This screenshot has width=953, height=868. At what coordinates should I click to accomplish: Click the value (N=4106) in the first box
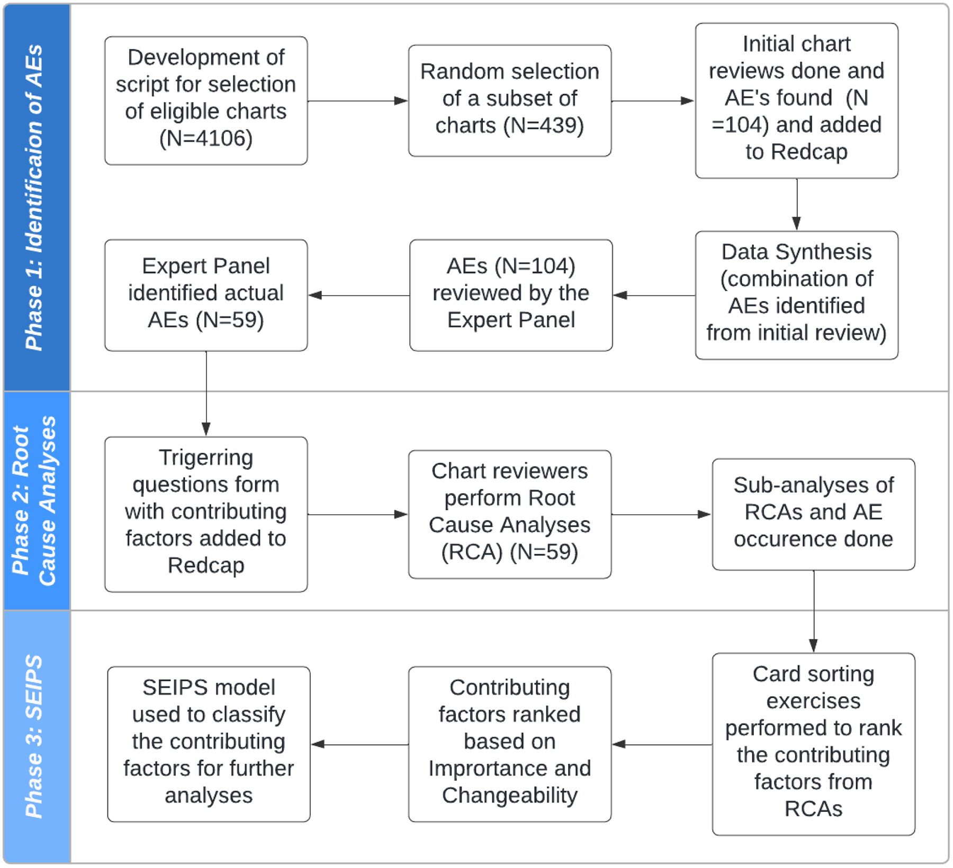(x=206, y=139)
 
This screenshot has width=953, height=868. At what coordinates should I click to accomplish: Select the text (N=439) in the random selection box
(x=543, y=126)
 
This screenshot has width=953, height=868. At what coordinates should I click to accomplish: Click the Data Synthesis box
(x=796, y=295)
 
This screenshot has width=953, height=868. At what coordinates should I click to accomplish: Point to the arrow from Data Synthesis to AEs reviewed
(x=654, y=295)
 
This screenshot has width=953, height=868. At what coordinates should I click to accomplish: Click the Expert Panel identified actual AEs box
(x=206, y=295)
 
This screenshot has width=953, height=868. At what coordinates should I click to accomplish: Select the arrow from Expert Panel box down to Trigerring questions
(x=206, y=394)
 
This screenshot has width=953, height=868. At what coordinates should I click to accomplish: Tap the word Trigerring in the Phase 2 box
(x=206, y=458)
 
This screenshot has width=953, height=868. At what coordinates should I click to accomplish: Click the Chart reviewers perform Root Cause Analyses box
(x=509, y=514)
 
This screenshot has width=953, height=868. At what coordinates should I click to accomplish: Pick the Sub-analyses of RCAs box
(x=813, y=514)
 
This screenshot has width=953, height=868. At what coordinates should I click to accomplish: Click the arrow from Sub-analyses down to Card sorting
(x=813, y=611)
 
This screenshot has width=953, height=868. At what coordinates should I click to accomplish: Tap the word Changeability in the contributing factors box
(x=509, y=796)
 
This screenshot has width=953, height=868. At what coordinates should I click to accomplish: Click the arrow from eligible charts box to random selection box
(x=357, y=100)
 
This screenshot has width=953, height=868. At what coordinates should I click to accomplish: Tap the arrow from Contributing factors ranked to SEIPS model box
(x=359, y=744)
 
